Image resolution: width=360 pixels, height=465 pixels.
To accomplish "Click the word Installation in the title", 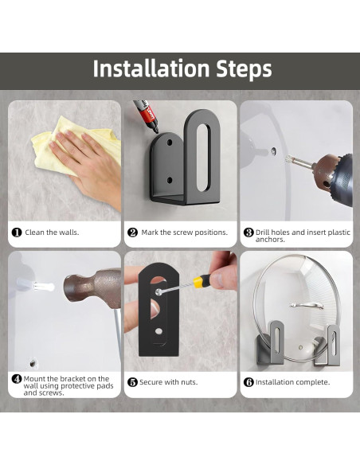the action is click(x=151, y=68).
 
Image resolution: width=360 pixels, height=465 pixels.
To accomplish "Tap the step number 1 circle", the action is click(x=17, y=232).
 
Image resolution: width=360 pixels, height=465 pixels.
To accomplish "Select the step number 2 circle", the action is click(x=132, y=232).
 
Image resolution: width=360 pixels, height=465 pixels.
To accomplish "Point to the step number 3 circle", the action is click(x=248, y=232).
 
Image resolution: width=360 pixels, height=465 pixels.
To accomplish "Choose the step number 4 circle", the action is click(x=17, y=379).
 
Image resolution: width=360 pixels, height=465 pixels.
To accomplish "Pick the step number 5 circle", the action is click(x=132, y=382).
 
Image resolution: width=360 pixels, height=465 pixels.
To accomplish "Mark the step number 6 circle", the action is click(x=248, y=382).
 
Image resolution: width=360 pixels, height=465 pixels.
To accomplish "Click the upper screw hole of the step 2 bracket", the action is click(x=170, y=143).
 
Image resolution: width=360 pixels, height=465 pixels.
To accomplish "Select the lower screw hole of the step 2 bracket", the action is click(x=170, y=180).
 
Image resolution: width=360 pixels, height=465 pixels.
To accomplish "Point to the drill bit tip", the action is click(x=288, y=158).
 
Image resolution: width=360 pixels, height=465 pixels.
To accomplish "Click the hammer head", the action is click(x=92, y=287).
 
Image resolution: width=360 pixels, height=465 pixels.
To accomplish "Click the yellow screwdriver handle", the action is click(x=202, y=279).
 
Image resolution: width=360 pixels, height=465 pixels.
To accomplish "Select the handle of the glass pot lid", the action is click(x=307, y=306).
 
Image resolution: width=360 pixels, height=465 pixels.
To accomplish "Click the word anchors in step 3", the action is click(x=270, y=240).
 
